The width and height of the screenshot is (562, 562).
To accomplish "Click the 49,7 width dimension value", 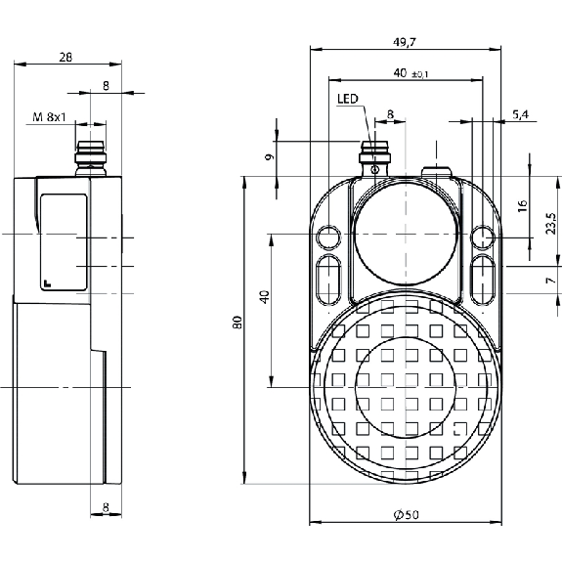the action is click(x=404, y=42).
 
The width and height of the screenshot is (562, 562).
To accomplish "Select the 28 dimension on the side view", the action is click(x=65, y=57).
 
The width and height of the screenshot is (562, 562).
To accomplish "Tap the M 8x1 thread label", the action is click(x=50, y=117).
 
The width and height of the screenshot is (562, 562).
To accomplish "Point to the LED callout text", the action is click(x=347, y=99).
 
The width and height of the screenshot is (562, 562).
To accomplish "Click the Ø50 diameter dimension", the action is click(x=406, y=515).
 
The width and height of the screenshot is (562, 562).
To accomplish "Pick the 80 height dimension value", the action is click(x=238, y=323).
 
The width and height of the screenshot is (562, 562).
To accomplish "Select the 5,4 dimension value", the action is click(x=520, y=114).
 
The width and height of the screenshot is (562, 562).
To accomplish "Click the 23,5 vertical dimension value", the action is click(x=550, y=223).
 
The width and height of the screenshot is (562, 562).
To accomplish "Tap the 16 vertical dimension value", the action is click(x=523, y=205).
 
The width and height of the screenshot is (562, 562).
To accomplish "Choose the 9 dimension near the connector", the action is click(x=270, y=156).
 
